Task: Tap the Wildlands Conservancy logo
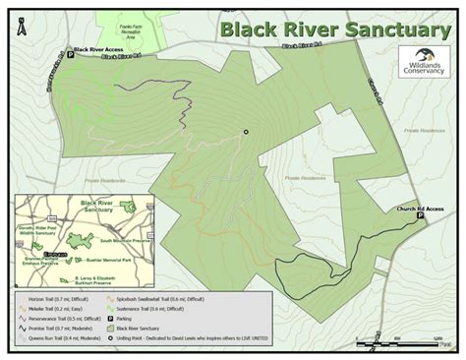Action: [x=424, y=63]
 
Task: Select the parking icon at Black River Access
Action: [x=70, y=57]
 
